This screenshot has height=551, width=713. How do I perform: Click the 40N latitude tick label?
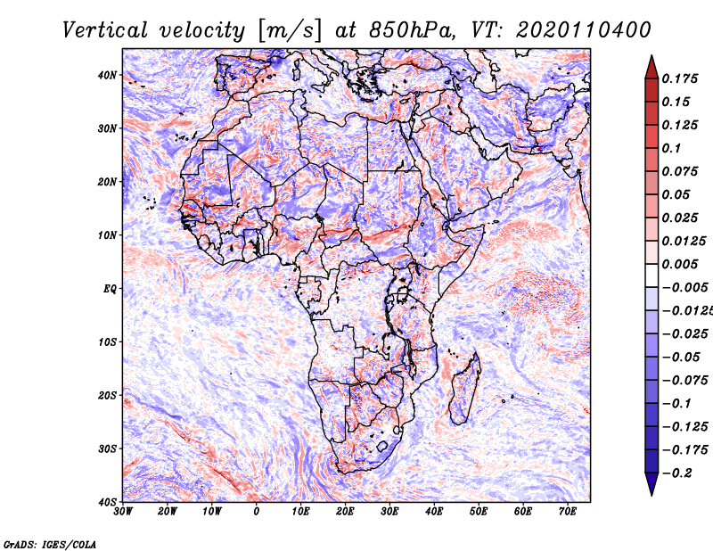point(107,75)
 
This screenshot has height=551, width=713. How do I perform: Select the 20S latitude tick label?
point(107,395)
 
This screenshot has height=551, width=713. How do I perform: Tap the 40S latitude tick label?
point(107,502)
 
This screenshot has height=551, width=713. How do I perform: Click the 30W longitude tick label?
point(123,511)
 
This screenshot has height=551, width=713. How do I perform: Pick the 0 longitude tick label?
point(257,511)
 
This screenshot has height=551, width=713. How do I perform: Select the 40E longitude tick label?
point(434,511)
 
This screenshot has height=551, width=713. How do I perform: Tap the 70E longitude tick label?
point(568,511)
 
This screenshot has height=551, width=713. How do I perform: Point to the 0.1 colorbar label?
point(673,148)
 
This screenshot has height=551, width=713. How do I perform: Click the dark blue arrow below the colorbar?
point(652,484)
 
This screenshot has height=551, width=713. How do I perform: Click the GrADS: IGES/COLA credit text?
point(50,542)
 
